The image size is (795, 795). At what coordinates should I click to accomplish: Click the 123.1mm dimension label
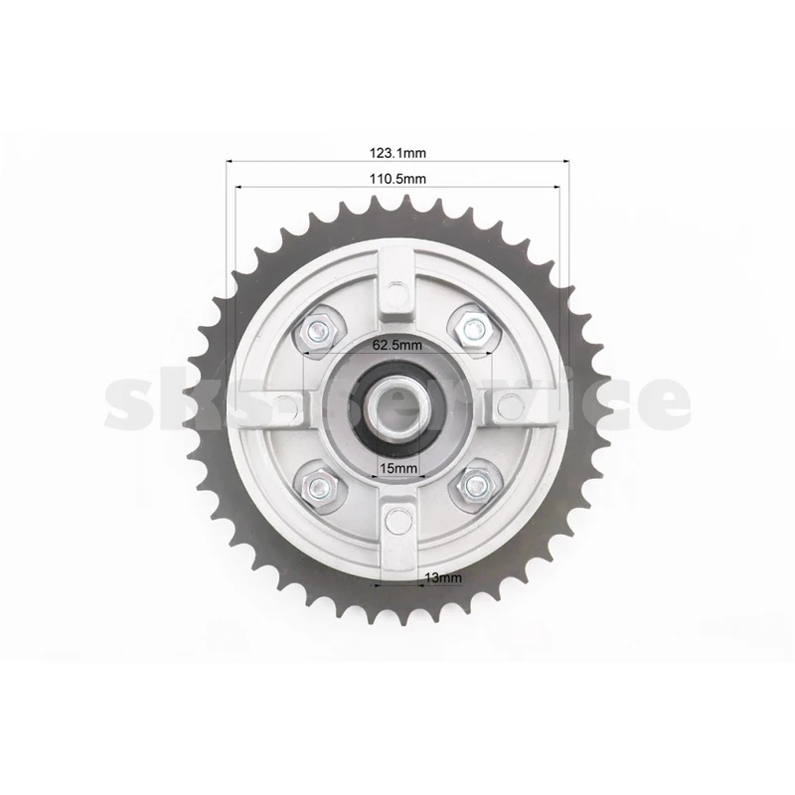point(397,153)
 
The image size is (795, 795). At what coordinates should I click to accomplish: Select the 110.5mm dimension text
point(397,179)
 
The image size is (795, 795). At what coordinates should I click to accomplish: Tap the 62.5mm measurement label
point(397,345)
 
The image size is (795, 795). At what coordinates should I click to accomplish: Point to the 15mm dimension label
point(398,468)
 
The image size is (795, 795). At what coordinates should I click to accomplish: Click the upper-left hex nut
point(318,332)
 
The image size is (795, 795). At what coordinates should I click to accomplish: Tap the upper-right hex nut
point(474,329)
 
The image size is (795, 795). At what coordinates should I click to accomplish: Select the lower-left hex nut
point(319,488)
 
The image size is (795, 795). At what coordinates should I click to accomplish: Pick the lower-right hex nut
point(476,486)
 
